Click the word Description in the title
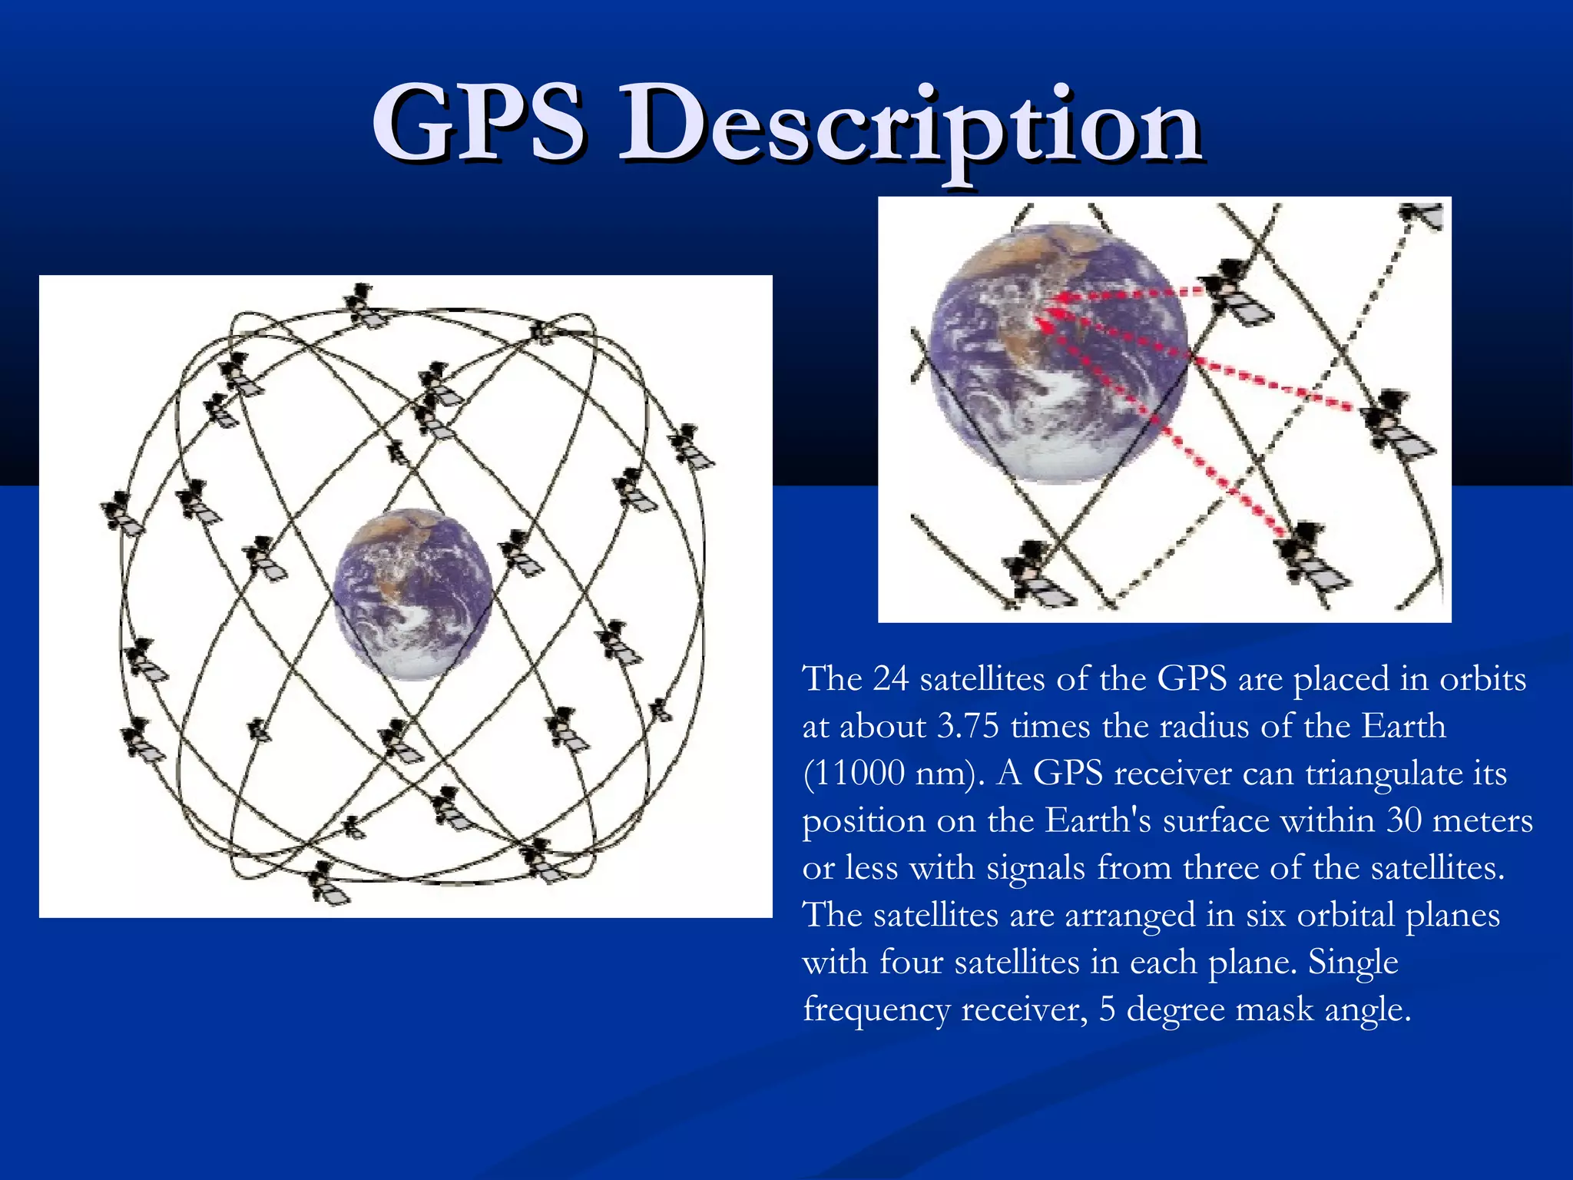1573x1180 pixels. click(x=910, y=127)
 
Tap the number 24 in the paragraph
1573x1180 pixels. click(x=891, y=679)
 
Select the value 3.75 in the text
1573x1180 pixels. click(x=968, y=726)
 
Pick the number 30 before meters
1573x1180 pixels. click(x=1405, y=820)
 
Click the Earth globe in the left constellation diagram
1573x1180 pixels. click(x=413, y=593)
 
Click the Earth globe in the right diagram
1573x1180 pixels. click(x=1058, y=353)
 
